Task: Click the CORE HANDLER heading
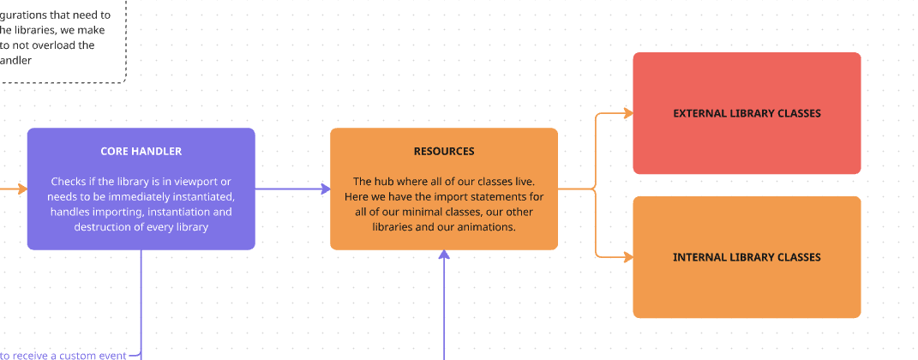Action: (141, 151)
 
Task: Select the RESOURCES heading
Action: (443, 151)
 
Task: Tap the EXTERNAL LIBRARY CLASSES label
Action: (747, 113)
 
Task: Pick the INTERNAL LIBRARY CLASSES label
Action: (747, 257)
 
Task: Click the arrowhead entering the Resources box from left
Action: (325, 189)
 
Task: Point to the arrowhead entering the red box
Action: (627, 113)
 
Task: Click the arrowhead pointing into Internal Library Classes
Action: (627, 257)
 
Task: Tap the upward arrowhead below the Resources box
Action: (444, 255)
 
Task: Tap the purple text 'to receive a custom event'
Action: (63, 355)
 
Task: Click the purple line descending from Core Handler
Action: (141, 300)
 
